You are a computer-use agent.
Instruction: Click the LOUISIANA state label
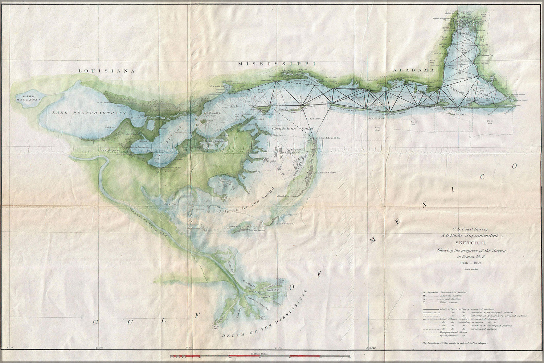point(106,71)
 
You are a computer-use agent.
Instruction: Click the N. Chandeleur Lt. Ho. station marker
point(314,138)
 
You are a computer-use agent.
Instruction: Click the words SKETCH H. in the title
point(476,243)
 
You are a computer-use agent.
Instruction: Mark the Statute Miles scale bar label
point(258,353)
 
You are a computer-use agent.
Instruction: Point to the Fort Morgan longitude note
point(454,343)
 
